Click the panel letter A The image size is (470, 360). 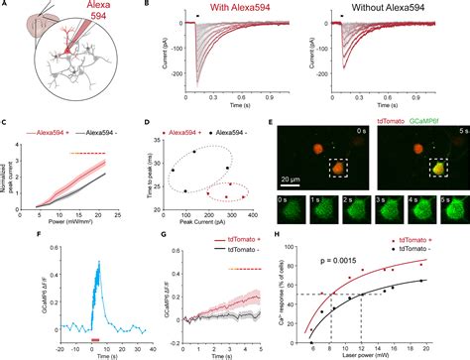[x=8, y=6]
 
